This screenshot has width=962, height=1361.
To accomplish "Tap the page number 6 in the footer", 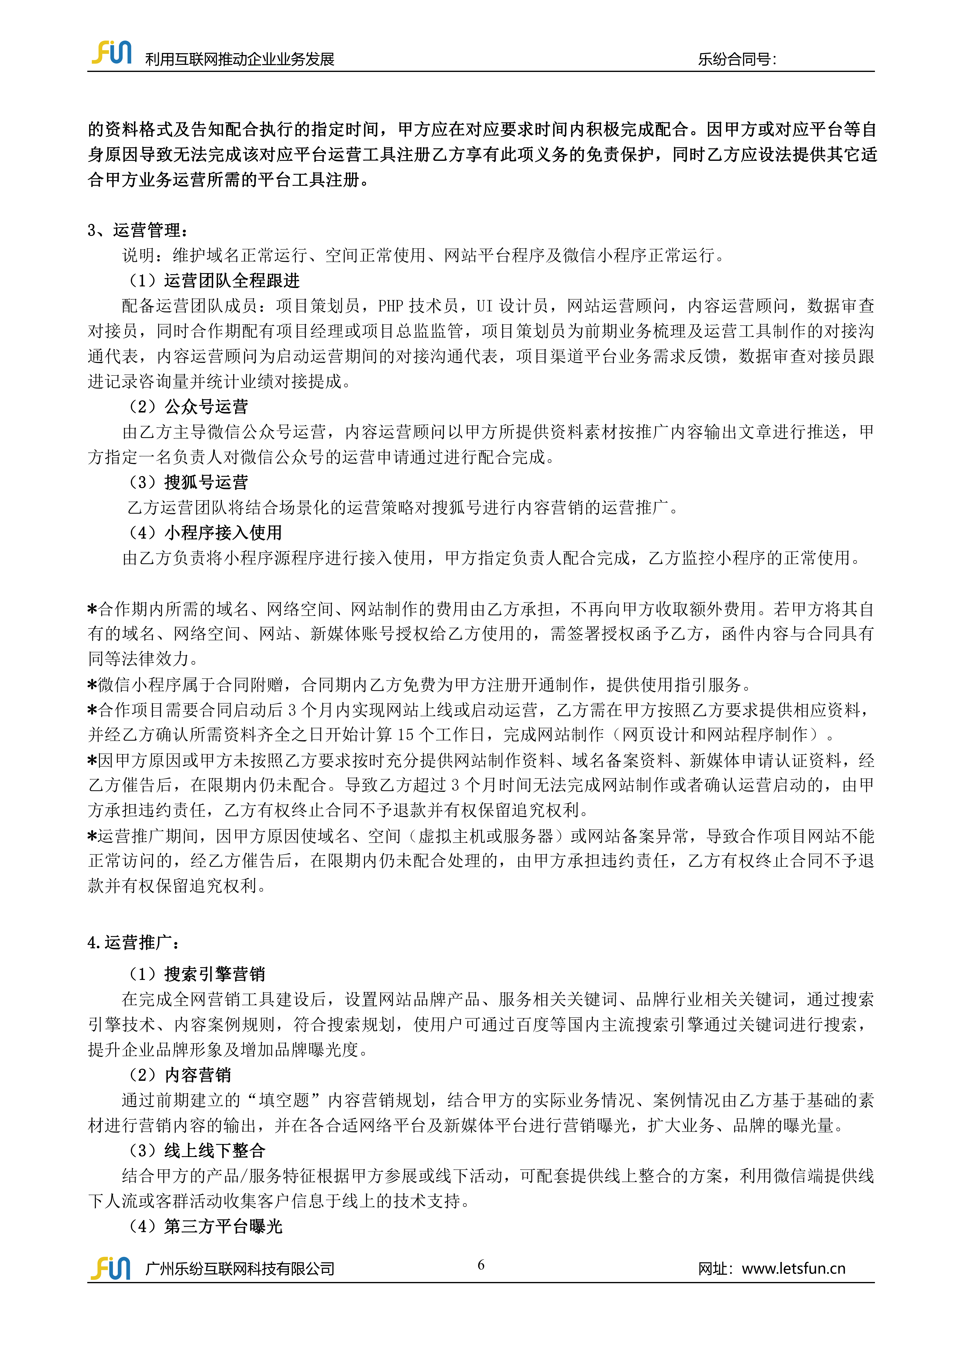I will coord(481,1264).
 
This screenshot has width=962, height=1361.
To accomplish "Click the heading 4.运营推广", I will coord(134,942).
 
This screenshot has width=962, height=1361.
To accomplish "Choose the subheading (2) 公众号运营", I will coord(188,407).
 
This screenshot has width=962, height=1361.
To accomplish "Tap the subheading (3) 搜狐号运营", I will coord(188,483).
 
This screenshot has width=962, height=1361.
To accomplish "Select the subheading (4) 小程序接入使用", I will coord(204,533).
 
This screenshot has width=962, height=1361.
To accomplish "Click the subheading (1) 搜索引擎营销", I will coord(196,974).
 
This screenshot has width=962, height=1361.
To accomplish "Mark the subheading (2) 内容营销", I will coord(180,1075).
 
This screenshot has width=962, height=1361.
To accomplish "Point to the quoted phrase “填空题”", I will coord(284,1100).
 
